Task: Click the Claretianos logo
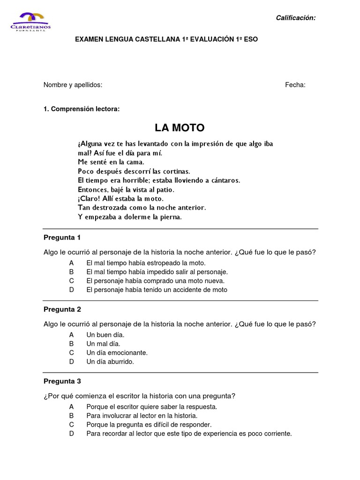pyautogui.click(x=30, y=21)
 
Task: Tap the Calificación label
pyautogui.click(x=295, y=18)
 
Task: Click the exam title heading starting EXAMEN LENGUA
pyautogui.click(x=166, y=39)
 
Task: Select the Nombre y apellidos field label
pyautogui.click(x=73, y=85)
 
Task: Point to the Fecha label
pyautogui.click(x=295, y=85)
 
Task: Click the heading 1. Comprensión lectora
pyautogui.click(x=82, y=109)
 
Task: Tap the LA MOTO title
pyautogui.click(x=180, y=127)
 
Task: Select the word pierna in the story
pyautogui.click(x=170, y=217)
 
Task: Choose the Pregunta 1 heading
pyautogui.click(x=62, y=237)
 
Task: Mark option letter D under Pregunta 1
pyautogui.click(x=72, y=290)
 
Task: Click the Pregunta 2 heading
pyautogui.click(x=62, y=309)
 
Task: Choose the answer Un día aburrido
pyautogui.click(x=110, y=361)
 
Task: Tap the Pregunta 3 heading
pyautogui.click(x=62, y=381)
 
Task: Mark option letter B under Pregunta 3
pyautogui.click(x=72, y=416)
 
